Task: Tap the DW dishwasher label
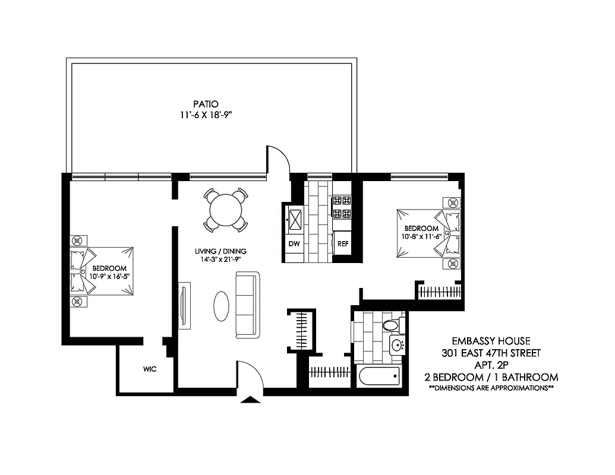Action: coord(294,244)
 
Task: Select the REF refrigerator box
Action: coord(343,244)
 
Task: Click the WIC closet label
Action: coord(150,369)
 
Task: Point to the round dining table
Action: coord(226,210)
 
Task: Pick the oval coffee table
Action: coord(220,305)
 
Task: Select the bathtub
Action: coord(379,376)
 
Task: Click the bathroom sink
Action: coord(398,344)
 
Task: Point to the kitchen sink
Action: coord(295,221)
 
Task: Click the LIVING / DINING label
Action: coord(221,251)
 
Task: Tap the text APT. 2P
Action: coord(491,365)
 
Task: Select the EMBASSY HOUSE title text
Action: coord(490,341)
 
